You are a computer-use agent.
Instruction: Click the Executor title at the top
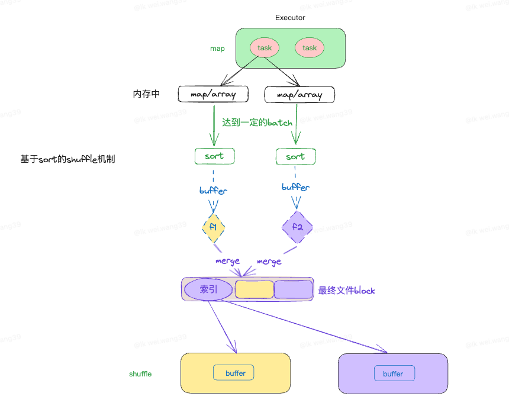point(290,18)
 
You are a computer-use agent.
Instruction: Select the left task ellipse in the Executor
point(264,48)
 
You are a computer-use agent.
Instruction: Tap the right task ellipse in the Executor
point(310,48)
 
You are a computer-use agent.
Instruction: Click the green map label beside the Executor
point(217,49)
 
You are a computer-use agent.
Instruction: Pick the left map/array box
point(213,94)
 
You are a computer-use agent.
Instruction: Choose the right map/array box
point(299,95)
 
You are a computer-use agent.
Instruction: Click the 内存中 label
point(146,94)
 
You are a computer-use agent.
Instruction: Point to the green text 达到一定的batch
point(257,123)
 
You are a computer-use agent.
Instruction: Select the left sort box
point(214,156)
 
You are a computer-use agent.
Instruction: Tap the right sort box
point(295,157)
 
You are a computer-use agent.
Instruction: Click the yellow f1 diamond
point(214,227)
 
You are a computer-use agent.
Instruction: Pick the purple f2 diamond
point(297,227)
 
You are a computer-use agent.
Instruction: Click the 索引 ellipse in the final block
point(208,289)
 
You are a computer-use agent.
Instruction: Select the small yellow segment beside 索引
point(254,289)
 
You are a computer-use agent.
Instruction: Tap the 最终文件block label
point(346,291)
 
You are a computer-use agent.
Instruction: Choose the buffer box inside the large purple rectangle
point(394,373)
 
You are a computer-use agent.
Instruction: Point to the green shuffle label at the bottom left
point(140,374)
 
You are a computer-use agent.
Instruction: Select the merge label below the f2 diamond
point(269,262)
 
